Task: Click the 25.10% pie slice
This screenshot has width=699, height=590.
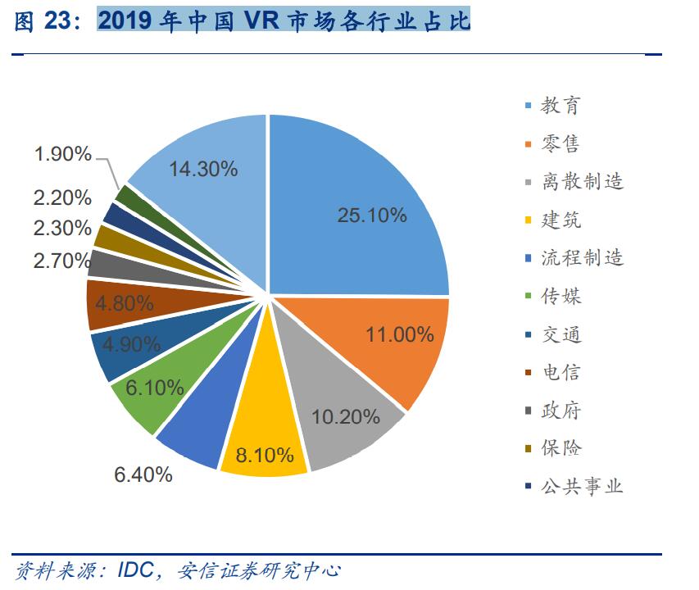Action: coord(361,205)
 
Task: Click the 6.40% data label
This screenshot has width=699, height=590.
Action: coord(143,474)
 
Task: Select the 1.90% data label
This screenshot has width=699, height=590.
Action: coord(62,153)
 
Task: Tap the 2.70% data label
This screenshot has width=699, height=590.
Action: coord(62,261)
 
